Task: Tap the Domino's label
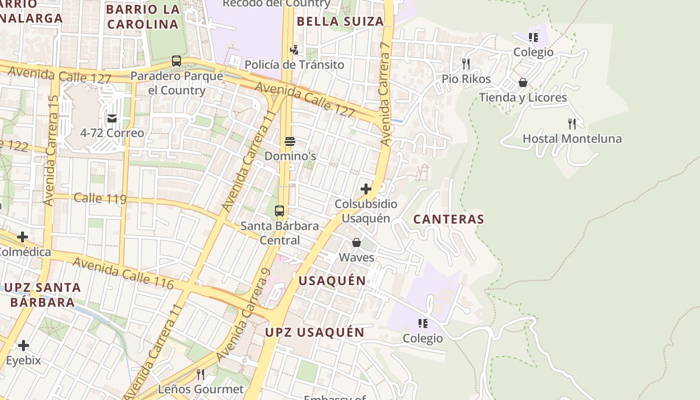point(290,156)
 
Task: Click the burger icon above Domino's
point(289,141)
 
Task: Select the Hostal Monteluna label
point(572,138)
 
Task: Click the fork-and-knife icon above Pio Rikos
point(466,64)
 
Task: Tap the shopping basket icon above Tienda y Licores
point(523,82)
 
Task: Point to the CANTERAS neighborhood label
point(448,219)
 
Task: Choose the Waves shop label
point(356,257)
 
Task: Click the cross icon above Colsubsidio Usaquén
point(366,189)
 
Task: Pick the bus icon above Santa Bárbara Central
point(279,211)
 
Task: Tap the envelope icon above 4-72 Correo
point(112,118)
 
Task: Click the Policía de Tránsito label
point(294,64)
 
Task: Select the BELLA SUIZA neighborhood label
point(340,21)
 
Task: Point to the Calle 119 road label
point(100,198)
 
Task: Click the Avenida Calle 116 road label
point(123,273)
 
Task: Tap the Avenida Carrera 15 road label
point(51,150)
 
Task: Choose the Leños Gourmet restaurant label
point(200,389)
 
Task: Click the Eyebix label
point(23,360)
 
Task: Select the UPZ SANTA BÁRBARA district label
point(42,295)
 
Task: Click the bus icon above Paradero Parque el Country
point(176,61)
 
